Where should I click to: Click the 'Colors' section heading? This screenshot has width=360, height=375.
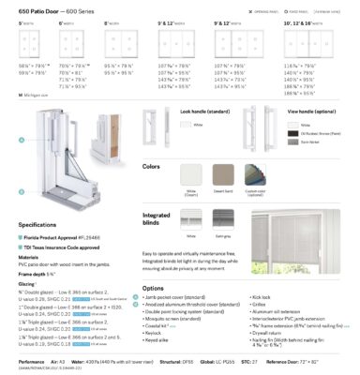(152, 167)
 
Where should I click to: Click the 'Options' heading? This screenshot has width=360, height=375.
(154, 289)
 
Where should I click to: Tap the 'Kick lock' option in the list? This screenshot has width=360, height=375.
(261, 297)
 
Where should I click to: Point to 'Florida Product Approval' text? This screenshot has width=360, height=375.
(47, 239)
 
